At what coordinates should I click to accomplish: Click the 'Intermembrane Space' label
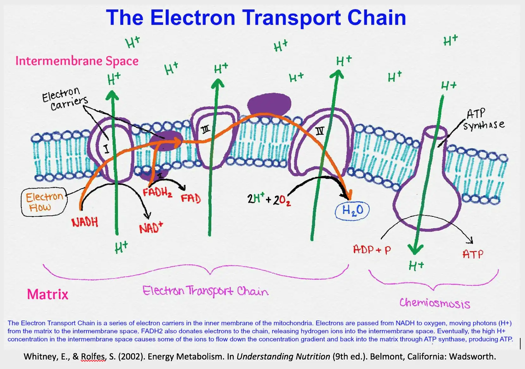click(77, 61)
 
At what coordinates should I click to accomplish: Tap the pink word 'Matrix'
click(47, 294)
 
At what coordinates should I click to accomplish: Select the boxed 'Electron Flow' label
click(44, 202)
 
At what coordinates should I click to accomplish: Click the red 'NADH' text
click(85, 222)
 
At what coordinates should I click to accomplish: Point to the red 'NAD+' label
click(151, 228)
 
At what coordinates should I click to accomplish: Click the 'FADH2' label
click(157, 192)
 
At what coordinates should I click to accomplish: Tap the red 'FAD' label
click(191, 198)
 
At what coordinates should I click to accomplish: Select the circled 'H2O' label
click(352, 210)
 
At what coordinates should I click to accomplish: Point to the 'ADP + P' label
click(372, 250)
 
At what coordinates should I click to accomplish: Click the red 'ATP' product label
click(473, 254)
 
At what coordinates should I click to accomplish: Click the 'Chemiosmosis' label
click(435, 303)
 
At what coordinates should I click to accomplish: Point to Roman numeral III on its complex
click(206, 129)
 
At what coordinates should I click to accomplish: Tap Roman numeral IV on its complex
click(320, 131)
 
